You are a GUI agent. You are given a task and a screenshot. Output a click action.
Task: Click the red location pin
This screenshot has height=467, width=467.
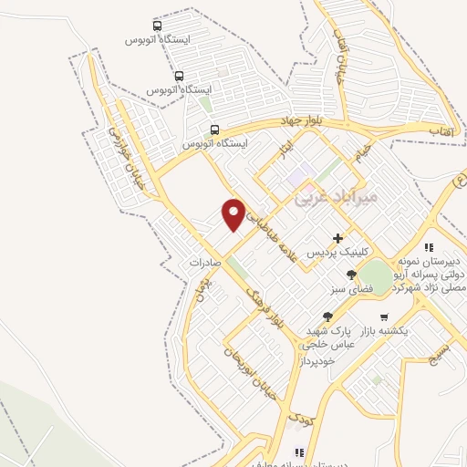tap(234, 213)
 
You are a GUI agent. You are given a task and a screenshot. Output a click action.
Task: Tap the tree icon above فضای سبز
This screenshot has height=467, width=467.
tap(352, 274)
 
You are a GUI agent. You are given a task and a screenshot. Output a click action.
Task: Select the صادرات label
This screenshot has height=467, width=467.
tap(207, 262)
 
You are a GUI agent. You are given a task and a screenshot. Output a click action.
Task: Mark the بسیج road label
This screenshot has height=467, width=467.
tap(440, 351)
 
